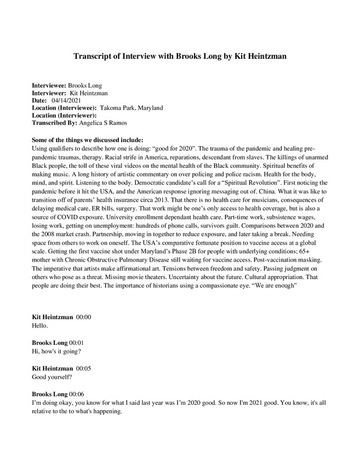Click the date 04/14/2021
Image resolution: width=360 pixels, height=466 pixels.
[65, 100]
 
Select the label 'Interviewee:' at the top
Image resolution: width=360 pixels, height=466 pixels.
[49, 85]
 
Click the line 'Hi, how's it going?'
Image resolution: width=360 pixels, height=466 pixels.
[57, 352]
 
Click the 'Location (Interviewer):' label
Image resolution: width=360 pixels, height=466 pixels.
[64, 115]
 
